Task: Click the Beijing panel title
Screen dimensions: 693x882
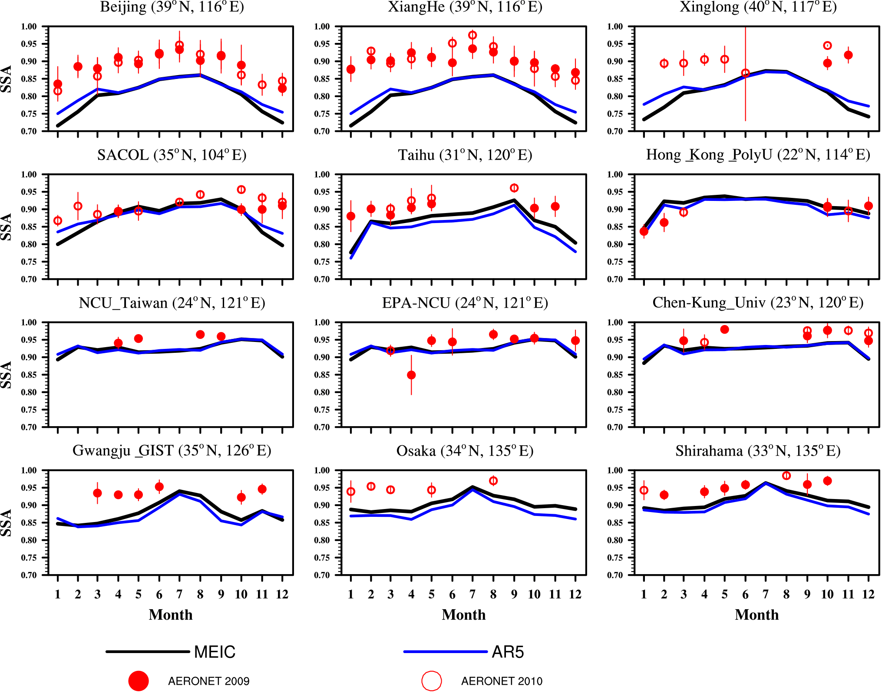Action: tap(172, 7)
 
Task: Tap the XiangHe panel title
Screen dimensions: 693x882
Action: tap(465, 7)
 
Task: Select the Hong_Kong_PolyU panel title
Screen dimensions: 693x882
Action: tap(758, 155)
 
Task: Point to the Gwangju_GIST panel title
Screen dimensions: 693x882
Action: tap(172, 451)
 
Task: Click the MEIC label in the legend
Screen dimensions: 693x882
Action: tap(215, 652)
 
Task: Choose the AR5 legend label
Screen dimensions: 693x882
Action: tap(508, 652)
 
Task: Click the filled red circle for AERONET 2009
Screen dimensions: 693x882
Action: tap(139, 681)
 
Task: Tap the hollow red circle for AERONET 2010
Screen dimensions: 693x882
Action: tap(432, 681)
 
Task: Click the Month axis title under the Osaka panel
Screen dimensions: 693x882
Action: tap(464, 615)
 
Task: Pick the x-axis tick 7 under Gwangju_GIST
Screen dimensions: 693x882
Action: tap(179, 594)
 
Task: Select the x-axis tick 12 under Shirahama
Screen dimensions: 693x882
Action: tap(868, 594)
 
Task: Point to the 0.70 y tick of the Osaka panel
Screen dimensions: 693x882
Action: tap(322, 575)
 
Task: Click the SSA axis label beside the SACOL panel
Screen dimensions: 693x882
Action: tap(6, 227)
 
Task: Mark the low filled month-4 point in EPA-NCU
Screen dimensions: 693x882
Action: tap(411, 375)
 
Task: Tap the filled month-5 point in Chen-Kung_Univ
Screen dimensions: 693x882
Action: tap(724, 329)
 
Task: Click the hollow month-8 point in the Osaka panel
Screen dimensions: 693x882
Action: tap(493, 481)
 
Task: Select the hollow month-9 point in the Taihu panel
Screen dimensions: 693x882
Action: tap(514, 188)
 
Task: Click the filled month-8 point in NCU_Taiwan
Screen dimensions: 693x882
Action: tap(200, 335)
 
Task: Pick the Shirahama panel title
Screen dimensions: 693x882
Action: tap(758, 451)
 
